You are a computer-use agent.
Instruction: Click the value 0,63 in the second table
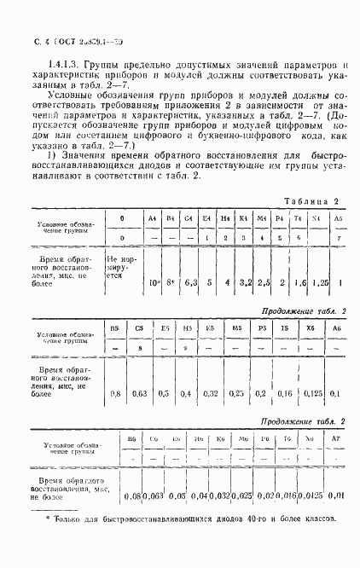[139, 394]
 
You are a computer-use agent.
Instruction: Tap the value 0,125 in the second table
[313, 394]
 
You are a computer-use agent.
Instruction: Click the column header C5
[139, 327]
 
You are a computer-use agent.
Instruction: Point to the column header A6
[338, 327]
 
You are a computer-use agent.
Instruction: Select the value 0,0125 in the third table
[314, 495]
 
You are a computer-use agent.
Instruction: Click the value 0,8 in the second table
[114, 394]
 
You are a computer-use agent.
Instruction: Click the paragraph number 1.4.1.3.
[67, 65]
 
